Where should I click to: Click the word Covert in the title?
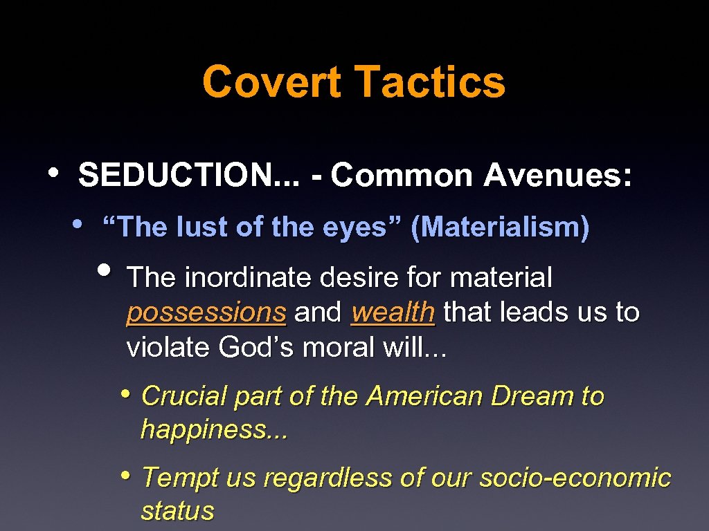click(271, 82)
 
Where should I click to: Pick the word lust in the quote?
click(199, 227)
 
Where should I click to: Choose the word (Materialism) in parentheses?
click(500, 227)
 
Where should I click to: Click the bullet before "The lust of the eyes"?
click(78, 223)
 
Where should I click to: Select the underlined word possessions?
click(206, 313)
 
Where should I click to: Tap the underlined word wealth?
click(393, 313)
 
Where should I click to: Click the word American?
click(425, 396)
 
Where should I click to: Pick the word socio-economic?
click(575, 478)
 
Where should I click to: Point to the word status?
click(177, 512)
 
